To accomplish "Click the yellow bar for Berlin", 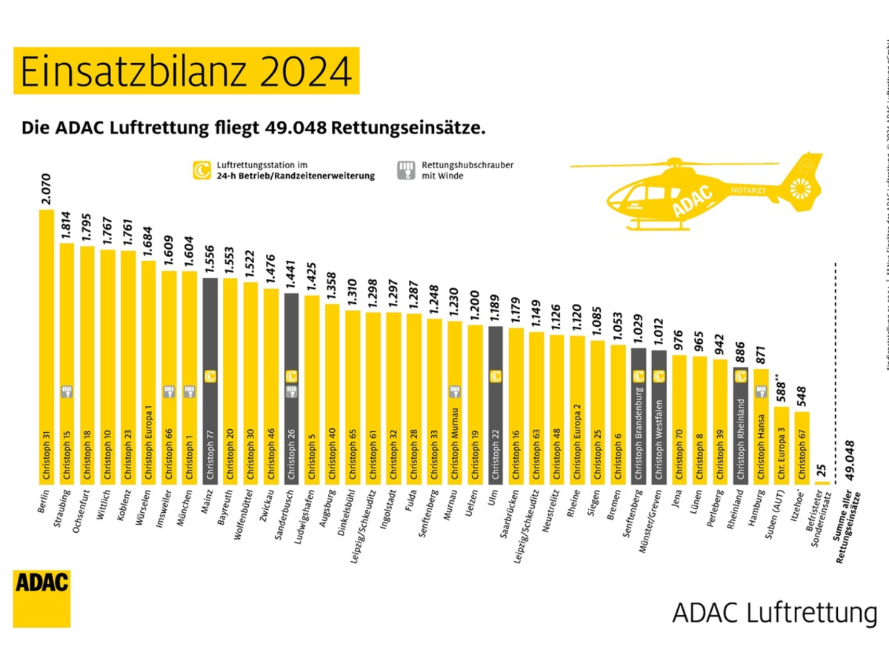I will coord(46,348).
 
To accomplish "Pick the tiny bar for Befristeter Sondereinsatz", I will coord(822,483).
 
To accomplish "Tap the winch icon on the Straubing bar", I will coord(67,391).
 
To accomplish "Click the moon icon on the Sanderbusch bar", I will coord(291,376).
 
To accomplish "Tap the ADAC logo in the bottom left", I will coord(41,598).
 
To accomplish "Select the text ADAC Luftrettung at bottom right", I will coord(774,614).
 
